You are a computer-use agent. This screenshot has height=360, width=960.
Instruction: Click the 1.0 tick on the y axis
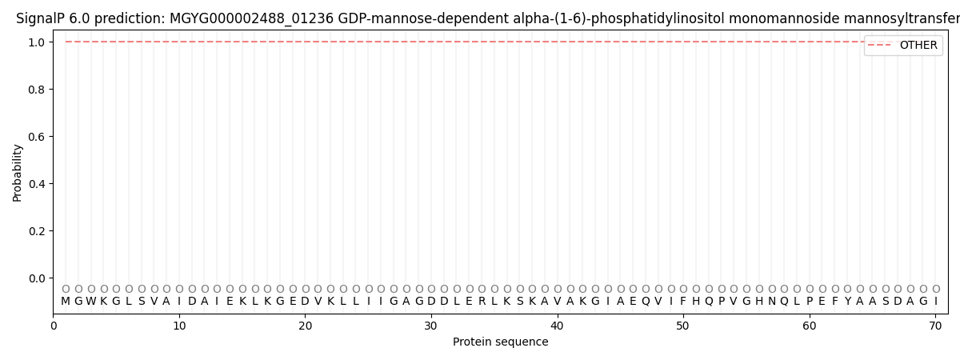[x=36, y=42]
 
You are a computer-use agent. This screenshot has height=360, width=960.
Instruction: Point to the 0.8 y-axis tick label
[x=36, y=89]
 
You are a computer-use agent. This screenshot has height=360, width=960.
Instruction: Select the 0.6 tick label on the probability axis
[x=36, y=136]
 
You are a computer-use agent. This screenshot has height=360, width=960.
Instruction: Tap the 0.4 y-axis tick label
[x=36, y=184]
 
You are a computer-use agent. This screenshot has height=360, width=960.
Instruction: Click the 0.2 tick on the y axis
[x=36, y=231]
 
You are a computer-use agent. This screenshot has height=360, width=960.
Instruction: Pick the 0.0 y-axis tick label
[x=36, y=278]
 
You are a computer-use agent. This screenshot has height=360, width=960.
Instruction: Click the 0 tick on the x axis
[x=54, y=326]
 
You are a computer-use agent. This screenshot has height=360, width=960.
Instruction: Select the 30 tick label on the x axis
[x=431, y=326]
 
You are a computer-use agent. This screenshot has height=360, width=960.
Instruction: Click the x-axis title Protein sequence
[x=501, y=342]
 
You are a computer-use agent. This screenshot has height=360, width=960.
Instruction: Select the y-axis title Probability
[x=18, y=172]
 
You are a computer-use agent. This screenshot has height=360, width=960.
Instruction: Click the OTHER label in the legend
[x=918, y=46]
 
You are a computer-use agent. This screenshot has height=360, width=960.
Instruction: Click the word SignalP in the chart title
[x=39, y=18]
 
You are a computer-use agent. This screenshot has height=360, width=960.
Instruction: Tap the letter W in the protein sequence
[x=91, y=302]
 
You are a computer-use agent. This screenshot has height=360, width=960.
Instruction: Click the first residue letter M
[x=66, y=302]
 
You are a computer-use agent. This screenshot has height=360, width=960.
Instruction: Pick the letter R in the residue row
[x=482, y=302]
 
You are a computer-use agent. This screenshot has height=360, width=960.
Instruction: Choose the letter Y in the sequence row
[x=847, y=302]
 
